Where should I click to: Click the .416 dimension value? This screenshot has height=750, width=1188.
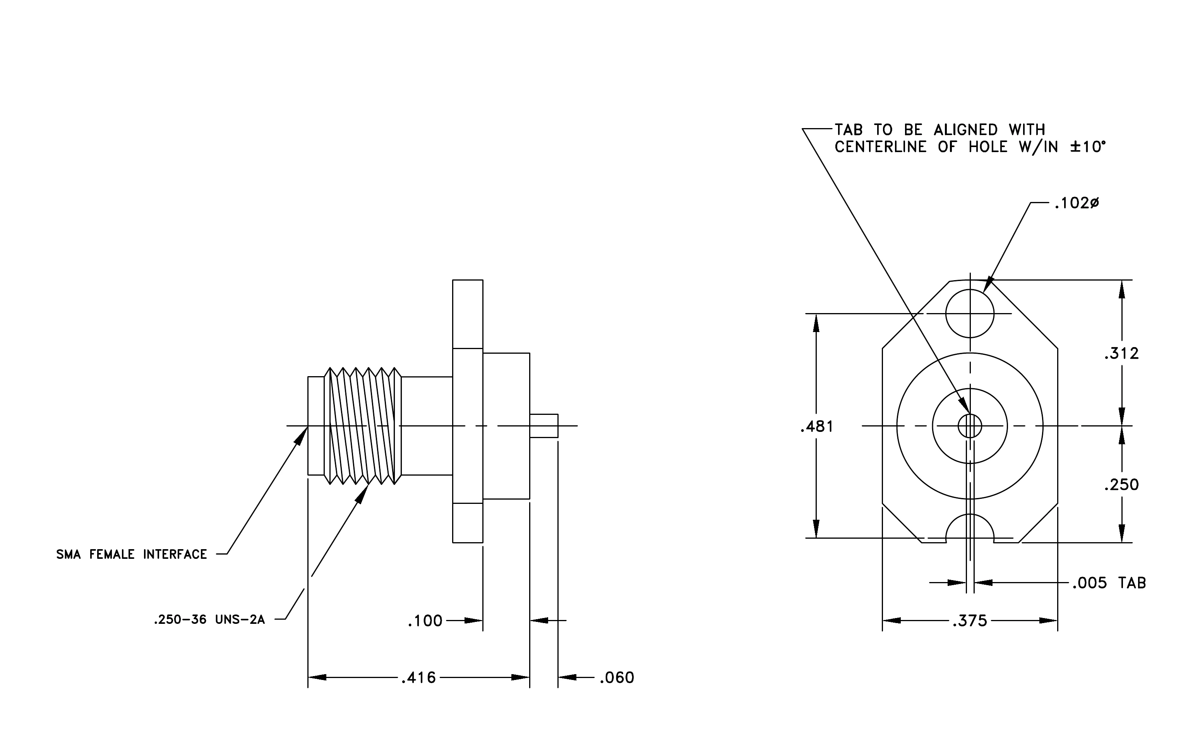pos(418,678)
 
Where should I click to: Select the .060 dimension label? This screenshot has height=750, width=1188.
pos(617,678)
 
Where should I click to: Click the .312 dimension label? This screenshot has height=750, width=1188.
pos(1121,354)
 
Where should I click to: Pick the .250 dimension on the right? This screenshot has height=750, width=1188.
pos(1121,485)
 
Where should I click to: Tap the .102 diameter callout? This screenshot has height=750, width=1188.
pos(1077,203)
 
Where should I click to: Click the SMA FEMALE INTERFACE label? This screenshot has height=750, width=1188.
pos(132,554)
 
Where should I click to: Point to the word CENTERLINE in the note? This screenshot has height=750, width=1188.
pos(881,147)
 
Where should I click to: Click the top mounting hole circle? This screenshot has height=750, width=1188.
pos(970,289)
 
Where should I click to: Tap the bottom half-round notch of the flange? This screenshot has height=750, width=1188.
pos(970,514)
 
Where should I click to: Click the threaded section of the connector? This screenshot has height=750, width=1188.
pos(363,426)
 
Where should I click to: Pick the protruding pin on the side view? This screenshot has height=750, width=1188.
pos(544,426)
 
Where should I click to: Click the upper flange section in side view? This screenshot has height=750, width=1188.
pos(468,314)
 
